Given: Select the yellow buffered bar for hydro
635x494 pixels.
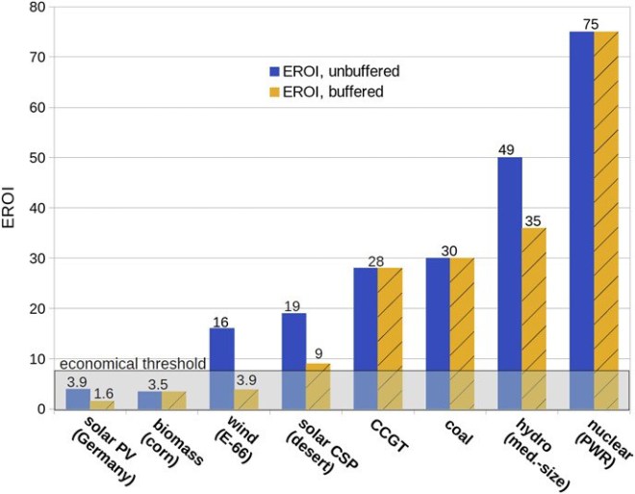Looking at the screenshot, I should pyautogui.click(x=534, y=318).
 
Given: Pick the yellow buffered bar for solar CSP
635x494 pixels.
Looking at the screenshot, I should pyautogui.click(x=317, y=385).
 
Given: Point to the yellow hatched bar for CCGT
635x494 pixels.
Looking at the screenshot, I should pyautogui.click(x=390, y=338).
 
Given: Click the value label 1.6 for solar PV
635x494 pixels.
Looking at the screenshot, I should pyautogui.click(x=103, y=394).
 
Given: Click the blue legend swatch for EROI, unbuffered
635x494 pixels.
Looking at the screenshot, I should pyautogui.click(x=274, y=71).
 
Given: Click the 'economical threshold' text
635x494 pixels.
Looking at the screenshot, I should pyautogui.click(x=133, y=364).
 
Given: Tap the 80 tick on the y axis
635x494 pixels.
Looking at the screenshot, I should pyautogui.click(x=38, y=8).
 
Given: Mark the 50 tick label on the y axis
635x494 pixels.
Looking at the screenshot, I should pyautogui.click(x=38, y=158).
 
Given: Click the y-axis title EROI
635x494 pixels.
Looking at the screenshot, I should pyautogui.click(x=12, y=208).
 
